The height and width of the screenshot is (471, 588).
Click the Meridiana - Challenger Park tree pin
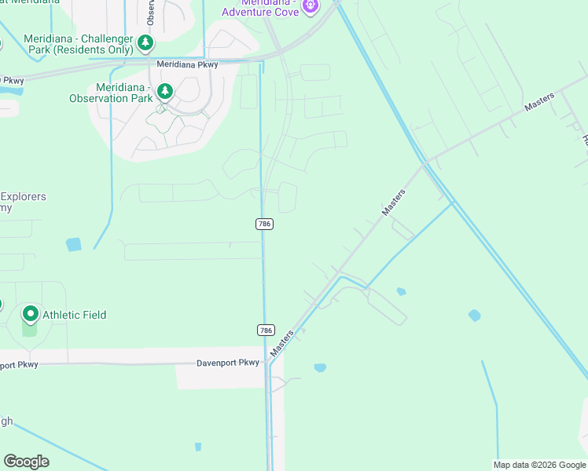coord(145,42)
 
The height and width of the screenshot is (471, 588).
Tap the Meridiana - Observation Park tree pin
coord(165,91)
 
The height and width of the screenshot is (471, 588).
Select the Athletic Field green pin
coord(31,314)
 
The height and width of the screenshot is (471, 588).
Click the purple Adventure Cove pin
coord(311,6)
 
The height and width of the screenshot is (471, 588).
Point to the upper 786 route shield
coord(264,224)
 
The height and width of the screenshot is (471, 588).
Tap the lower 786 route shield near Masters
coord(266,330)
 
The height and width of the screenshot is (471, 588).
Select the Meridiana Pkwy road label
coord(186,64)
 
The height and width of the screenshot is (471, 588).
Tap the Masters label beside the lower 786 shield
coord(281,344)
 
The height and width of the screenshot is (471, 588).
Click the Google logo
coord(26,462)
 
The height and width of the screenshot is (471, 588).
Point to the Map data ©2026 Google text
coord(539,465)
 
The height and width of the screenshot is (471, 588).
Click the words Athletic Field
coord(74,315)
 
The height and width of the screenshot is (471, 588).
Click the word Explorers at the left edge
coord(24,196)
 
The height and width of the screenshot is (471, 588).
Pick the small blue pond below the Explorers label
coord(74,244)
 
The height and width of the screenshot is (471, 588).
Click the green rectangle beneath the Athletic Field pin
coord(30,329)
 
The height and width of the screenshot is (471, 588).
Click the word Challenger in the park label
coord(102,38)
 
